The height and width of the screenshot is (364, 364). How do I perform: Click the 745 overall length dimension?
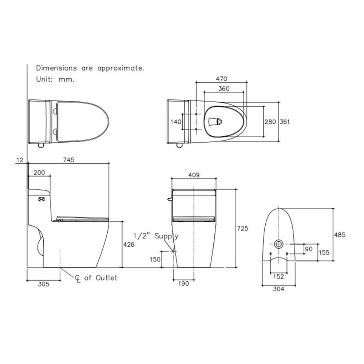tap(69, 160)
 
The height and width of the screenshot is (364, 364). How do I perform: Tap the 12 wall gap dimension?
tap(20, 160)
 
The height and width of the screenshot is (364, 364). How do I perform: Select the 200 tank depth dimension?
tap(39, 173)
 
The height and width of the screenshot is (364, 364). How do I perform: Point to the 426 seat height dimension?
tap(128, 244)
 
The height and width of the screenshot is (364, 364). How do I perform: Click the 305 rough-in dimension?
tap(44, 284)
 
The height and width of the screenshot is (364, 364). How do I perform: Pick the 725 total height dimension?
tap(242, 229)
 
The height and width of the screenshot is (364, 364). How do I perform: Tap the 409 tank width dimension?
tap(194, 175)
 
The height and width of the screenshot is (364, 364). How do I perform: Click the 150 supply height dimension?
tap(155, 259)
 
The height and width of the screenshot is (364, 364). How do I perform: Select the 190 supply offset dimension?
tap(183, 284)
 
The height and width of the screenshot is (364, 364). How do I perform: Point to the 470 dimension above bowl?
tap(221, 79)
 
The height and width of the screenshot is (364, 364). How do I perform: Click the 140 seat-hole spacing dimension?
tap(176, 122)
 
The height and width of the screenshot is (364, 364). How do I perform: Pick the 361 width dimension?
tap(285, 122)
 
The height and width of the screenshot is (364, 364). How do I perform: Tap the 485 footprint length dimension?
tap(340, 235)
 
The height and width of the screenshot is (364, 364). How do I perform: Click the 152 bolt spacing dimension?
tap(278, 277)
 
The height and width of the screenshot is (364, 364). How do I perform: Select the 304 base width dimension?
tap(278, 289)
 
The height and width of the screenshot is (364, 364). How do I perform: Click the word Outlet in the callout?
tap(107, 278)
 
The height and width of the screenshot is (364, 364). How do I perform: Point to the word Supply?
tap(166, 236)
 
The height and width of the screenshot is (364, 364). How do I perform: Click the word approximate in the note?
tap(121, 68)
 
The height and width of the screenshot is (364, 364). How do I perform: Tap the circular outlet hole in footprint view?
tap(278, 244)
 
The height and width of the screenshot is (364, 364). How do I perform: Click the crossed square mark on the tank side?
tap(41, 199)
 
